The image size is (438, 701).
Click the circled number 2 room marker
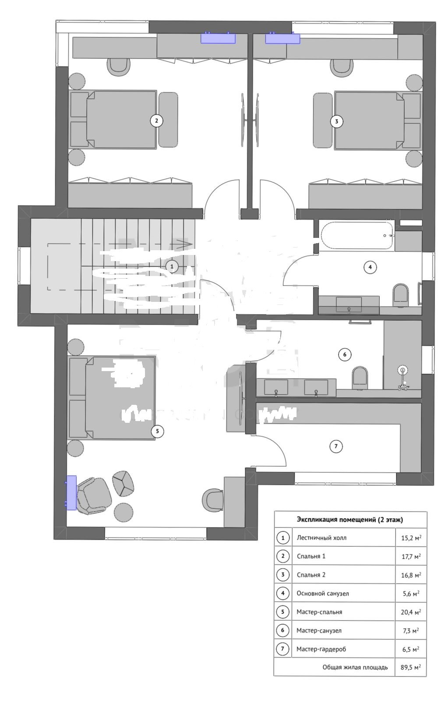(156, 120)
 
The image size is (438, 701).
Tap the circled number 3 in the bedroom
(336, 121)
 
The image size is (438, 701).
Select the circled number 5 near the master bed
(157, 431)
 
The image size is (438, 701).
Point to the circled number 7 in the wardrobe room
(336, 446)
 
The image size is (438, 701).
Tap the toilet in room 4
(400, 295)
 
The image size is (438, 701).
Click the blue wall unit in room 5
(71, 492)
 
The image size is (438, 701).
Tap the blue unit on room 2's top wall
(218, 38)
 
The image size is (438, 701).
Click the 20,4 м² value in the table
(411, 612)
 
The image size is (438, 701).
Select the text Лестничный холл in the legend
(321, 538)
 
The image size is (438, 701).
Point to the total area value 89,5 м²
(411, 667)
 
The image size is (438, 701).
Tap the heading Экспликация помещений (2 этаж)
(350, 520)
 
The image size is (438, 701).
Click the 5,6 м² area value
(411, 594)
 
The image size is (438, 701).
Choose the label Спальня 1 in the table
(311, 556)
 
